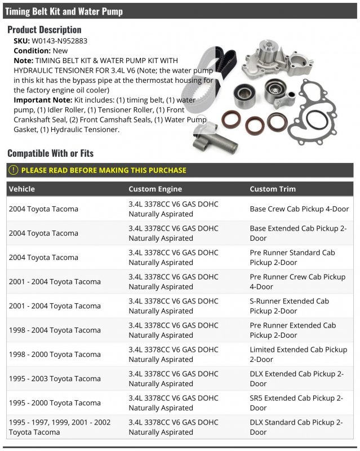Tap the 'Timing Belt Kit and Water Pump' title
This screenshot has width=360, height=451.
point(64,11)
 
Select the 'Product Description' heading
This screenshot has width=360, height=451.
point(45,29)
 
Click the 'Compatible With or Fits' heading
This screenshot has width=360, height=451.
point(51,153)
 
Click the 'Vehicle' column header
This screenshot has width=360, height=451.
point(22,189)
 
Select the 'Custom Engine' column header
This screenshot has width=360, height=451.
point(155,189)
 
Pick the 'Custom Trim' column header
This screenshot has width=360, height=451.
point(273,189)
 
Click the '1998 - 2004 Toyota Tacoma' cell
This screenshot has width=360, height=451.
point(55,330)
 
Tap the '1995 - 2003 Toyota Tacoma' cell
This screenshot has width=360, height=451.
point(55,378)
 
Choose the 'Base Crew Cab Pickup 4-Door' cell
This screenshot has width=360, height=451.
point(299,209)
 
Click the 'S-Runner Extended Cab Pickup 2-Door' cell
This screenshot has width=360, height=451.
point(289,306)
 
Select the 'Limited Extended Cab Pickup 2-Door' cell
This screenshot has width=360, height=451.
point(298,354)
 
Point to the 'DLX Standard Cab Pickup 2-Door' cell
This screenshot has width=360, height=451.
point(296,427)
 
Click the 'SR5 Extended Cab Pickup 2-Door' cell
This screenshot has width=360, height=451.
point(296,403)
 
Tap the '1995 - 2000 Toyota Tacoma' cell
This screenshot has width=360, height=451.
point(55,403)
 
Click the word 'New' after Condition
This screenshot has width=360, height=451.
point(60,50)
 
